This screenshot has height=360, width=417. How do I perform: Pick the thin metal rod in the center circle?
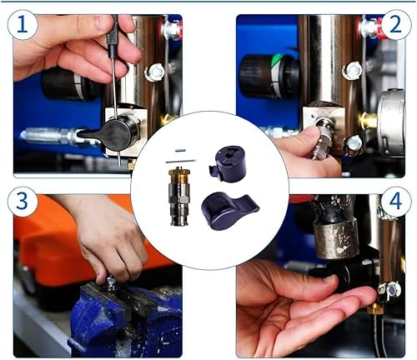coord(181,161)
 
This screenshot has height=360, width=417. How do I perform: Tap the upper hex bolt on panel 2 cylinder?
coord(351,71)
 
